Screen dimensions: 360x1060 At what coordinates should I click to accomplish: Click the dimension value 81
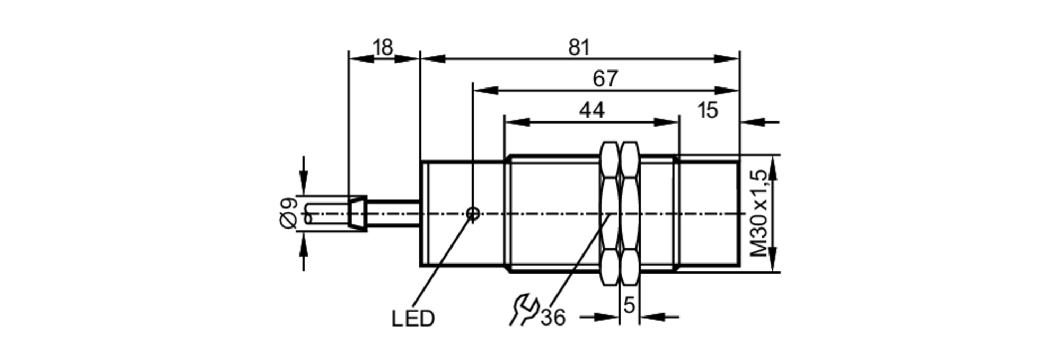click(x=579, y=48)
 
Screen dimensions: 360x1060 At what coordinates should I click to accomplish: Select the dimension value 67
click(x=605, y=79)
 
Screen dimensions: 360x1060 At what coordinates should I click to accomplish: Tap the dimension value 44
click(x=591, y=110)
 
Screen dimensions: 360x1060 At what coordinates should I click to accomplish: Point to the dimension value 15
click(x=708, y=110)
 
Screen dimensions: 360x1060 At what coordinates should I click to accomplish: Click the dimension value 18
click(x=383, y=48)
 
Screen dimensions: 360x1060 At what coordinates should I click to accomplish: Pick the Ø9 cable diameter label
click(x=289, y=213)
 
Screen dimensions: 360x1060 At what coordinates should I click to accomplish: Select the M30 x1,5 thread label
click(x=759, y=213)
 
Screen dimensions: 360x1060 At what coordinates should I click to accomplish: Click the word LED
click(x=413, y=319)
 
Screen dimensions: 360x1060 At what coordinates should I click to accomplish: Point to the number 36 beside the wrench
click(x=553, y=318)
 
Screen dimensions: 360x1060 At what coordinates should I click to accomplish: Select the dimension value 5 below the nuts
click(x=629, y=305)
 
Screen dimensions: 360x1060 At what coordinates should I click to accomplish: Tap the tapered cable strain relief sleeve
click(x=357, y=213)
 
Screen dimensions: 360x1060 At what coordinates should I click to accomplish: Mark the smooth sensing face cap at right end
click(x=709, y=213)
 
